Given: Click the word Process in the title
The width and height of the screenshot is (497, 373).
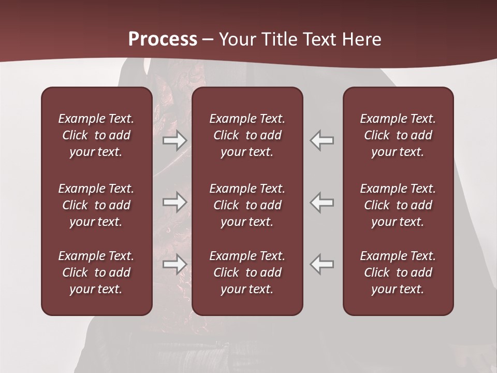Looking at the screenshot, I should tap(163, 39).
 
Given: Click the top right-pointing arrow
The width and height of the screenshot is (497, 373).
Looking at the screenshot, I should tap(175, 140).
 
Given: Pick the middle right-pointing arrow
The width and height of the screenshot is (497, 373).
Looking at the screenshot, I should tap(175, 202).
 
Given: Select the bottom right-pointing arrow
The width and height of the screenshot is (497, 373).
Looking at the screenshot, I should tap(175, 264).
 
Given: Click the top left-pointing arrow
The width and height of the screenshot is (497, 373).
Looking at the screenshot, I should tap(321, 140).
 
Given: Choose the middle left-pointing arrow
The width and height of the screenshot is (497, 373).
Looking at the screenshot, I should tap(321, 202).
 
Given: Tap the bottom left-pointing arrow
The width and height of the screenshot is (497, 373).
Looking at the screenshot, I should tap(321, 264).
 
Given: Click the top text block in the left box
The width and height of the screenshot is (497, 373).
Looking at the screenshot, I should tap(96, 135).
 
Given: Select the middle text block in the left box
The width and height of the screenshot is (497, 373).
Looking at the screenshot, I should tap(96, 205).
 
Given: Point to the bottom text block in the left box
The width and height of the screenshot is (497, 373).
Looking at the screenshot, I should tap(96, 272).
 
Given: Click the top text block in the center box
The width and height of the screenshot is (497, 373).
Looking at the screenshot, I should tap(247, 135).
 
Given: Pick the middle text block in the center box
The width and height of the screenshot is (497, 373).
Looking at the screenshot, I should tap(247, 205).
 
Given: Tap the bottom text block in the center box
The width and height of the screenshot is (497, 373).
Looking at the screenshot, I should tap(247, 272).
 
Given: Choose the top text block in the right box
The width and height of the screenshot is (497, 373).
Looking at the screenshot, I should tap(398, 135).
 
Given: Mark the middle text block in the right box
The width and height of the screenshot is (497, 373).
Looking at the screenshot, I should tap(398, 205).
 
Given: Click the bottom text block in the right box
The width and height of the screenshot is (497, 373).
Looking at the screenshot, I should tap(398, 272).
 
